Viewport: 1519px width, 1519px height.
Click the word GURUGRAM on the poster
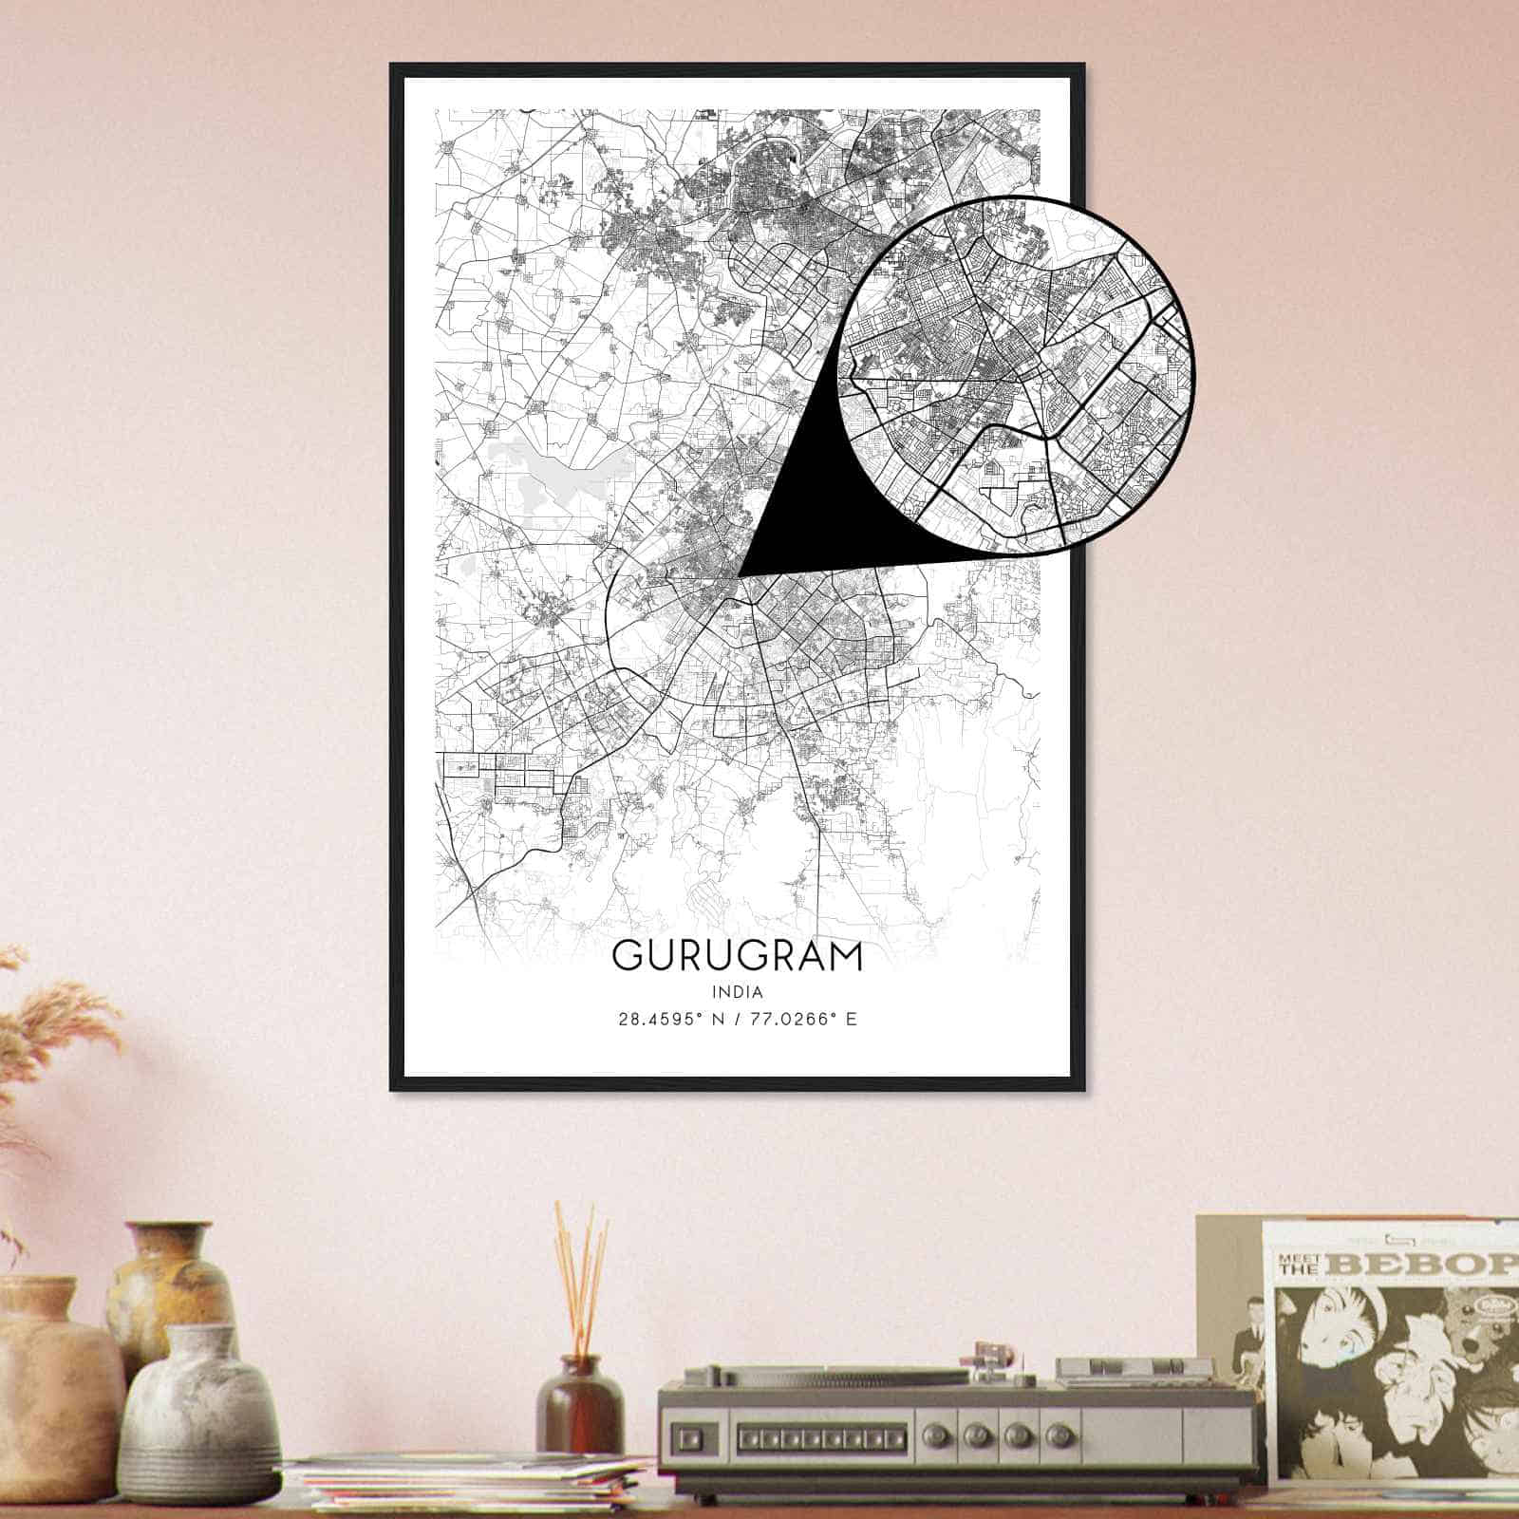[738, 956]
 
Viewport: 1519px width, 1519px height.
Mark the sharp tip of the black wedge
[740, 575]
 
